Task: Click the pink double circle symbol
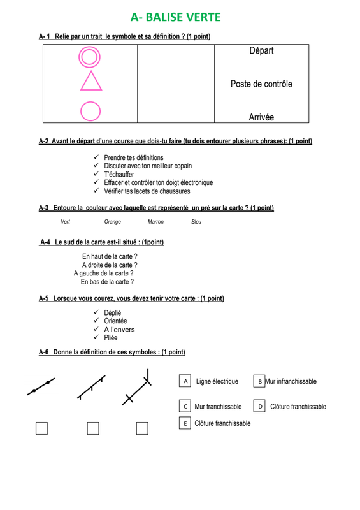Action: [89, 47]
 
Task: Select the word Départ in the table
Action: [261, 51]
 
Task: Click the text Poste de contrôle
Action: [261, 84]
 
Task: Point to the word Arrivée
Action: [261, 117]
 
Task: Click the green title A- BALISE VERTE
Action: [176, 17]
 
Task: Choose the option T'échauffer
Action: [119, 174]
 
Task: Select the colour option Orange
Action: [113, 222]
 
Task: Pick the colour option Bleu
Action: [196, 222]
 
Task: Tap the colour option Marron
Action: [155, 222]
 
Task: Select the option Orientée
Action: [115, 321]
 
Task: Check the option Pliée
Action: [111, 338]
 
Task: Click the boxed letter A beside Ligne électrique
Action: [185, 381]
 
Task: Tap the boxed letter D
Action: [259, 406]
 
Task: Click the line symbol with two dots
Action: [41, 386]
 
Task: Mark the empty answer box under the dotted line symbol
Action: [41, 428]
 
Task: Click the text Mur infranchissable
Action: [291, 381]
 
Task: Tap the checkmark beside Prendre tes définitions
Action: [96, 157]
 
